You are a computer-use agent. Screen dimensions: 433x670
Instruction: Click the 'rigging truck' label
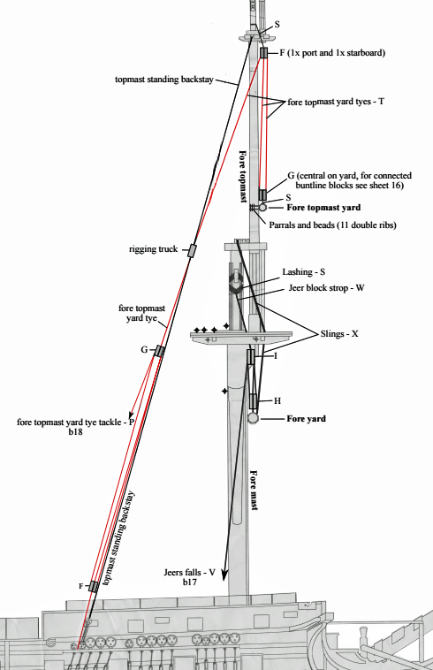tap(153, 248)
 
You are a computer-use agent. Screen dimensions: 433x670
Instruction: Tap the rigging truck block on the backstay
tap(192, 250)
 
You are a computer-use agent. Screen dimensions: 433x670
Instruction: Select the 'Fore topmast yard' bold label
tap(323, 208)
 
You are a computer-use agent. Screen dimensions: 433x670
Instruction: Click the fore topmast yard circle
tap(262, 207)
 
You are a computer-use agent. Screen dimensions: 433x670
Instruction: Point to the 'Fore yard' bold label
tap(306, 419)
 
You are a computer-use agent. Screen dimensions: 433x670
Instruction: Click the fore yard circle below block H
tap(253, 417)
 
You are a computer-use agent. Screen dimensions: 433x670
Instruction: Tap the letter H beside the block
tap(277, 400)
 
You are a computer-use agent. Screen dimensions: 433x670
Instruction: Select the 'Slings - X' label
tap(339, 334)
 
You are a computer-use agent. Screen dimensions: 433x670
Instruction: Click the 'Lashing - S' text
tap(303, 271)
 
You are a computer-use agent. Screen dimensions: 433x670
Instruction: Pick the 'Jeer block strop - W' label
tap(326, 288)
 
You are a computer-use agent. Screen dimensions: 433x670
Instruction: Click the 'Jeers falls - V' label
tap(189, 572)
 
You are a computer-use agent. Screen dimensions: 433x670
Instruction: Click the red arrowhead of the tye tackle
tap(131, 414)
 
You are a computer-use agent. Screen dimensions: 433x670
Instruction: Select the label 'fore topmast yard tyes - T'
tap(336, 103)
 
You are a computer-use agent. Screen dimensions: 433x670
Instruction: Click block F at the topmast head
tap(263, 52)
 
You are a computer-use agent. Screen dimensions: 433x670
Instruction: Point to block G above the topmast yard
tap(262, 194)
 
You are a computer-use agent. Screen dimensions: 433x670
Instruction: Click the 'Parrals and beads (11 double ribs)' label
tap(332, 225)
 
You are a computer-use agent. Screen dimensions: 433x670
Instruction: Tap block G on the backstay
tap(159, 351)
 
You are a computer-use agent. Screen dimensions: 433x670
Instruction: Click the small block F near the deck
tap(93, 586)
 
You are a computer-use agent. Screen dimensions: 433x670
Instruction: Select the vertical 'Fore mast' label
tap(254, 490)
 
